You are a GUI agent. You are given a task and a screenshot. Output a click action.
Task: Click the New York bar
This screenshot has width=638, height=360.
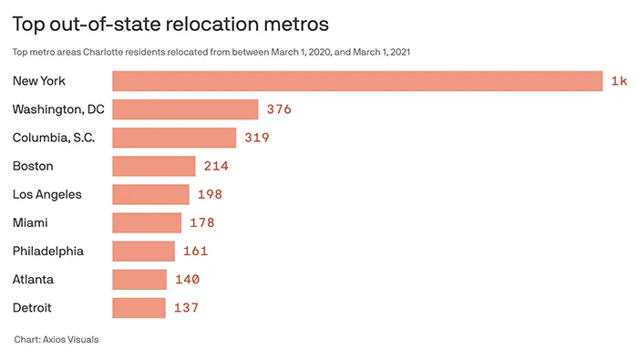click(x=357, y=81)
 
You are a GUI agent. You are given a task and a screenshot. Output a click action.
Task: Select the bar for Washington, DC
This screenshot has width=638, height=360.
click(x=185, y=109)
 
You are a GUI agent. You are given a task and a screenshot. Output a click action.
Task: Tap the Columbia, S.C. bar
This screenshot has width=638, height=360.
click(x=174, y=138)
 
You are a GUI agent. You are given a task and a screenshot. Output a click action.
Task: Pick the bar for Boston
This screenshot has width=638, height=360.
click(x=153, y=166)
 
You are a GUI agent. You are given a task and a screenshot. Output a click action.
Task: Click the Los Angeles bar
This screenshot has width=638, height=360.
click(x=150, y=194)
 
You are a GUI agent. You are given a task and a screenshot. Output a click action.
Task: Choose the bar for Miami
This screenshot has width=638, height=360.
click(x=147, y=222)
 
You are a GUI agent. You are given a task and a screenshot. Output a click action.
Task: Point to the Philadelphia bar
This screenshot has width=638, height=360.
click(x=143, y=251)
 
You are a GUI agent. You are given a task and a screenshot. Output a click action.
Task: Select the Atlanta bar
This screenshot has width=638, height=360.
click(x=139, y=279)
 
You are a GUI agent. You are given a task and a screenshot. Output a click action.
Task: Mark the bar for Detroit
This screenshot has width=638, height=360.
click(x=139, y=307)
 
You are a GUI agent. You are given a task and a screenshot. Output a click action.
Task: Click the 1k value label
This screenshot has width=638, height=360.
click(x=619, y=81)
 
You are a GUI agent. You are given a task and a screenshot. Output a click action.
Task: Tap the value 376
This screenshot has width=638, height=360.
click(x=278, y=109)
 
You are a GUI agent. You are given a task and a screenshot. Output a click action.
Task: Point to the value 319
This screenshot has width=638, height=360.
click(x=257, y=138)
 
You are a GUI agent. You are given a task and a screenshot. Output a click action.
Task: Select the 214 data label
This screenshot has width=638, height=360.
click(x=216, y=166)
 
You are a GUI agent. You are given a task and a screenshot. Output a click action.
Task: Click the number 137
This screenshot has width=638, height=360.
click(x=186, y=307)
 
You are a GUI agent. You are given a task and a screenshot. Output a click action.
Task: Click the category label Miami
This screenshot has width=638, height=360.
click(x=30, y=222)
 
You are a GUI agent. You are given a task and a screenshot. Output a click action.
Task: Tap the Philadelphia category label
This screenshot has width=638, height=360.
click(x=47, y=251)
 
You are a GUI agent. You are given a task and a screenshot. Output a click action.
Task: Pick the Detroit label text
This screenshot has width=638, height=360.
click(x=32, y=307)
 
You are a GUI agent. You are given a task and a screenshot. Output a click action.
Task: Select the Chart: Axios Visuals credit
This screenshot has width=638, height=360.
click(x=56, y=339)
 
